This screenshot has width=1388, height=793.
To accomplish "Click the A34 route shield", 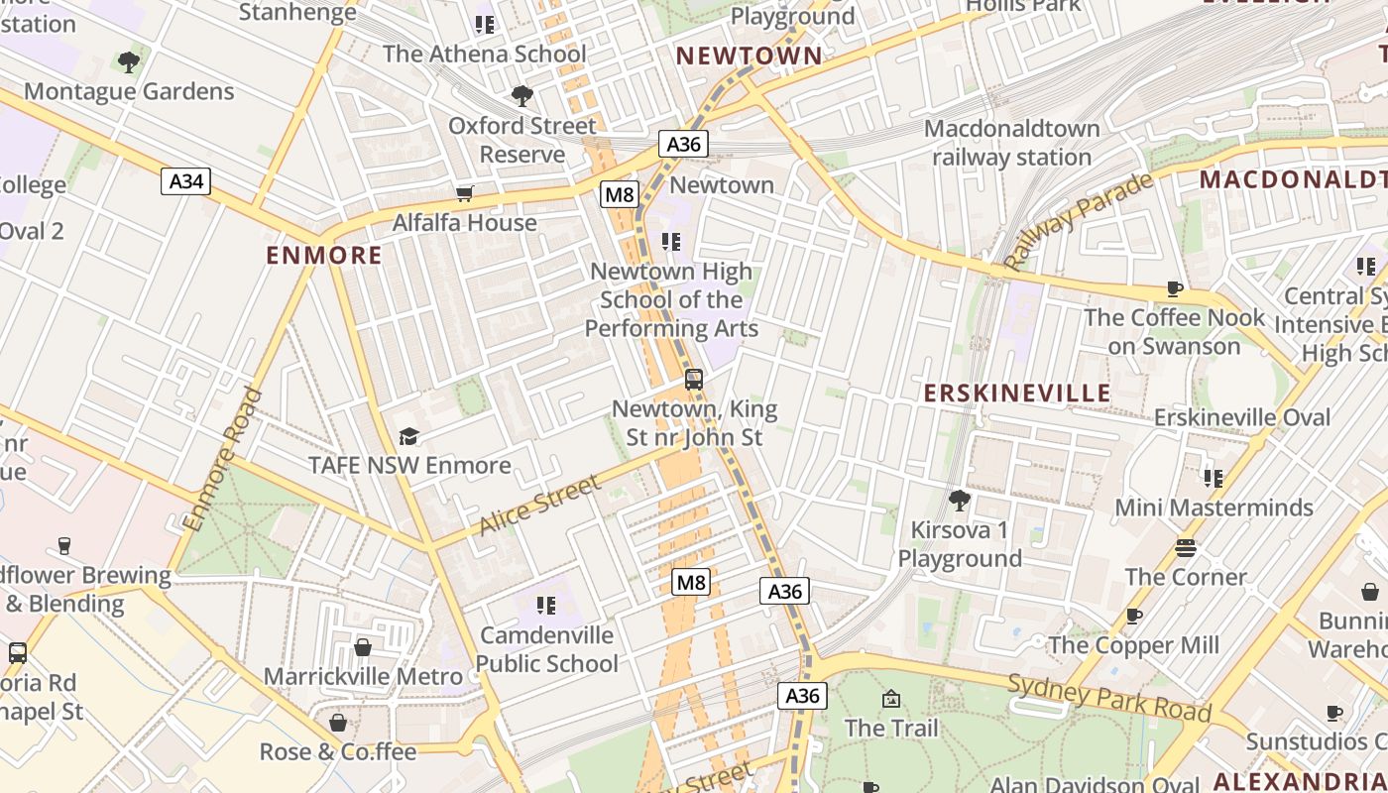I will (185, 181).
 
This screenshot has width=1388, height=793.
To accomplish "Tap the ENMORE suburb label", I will (324, 256).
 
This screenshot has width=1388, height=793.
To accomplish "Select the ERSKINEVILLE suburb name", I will (1017, 394).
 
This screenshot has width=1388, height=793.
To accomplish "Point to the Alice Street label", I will (540, 505).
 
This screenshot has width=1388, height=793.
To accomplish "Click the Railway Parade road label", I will (1078, 220).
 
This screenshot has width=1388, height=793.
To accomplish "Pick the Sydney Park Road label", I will (1109, 697).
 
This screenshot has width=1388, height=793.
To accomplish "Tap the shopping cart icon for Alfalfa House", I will (464, 193).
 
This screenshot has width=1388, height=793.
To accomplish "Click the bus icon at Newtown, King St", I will (694, 379).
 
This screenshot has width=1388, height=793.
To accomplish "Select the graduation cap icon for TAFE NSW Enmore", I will (408, 436).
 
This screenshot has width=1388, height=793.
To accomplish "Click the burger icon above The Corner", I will (1186, 547).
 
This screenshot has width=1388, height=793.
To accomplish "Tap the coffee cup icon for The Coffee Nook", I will (1175, 288).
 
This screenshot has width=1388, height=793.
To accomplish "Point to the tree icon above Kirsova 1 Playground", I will (959, 500).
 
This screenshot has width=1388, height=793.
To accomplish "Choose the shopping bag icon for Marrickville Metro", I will (363, 647).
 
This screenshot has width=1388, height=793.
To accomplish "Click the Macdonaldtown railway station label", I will (1012, 143).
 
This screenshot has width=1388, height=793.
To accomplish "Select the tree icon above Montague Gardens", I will (128, 62).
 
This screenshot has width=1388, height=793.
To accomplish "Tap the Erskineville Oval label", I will (1242, 417).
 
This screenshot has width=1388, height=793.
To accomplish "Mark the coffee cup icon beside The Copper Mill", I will (1134, 617).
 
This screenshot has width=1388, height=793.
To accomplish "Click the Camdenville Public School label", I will (548, 649).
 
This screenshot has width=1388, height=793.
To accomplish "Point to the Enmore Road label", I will (223, 459).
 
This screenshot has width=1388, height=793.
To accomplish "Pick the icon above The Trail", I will (890, 699).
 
